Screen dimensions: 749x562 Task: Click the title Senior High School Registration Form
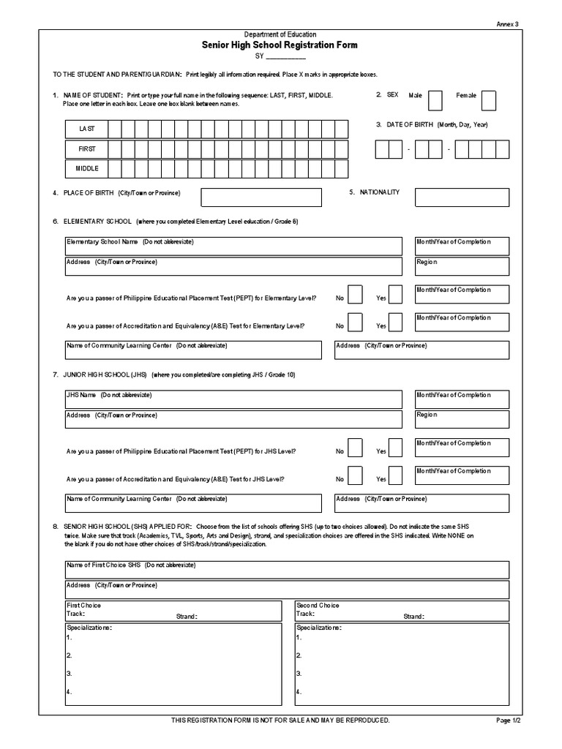pyautogui.click(x=280, y=45)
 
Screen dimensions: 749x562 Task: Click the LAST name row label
pyautogui.click(x=87, y=129)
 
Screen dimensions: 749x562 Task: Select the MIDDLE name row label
pyautogui.click(x=87, y=168)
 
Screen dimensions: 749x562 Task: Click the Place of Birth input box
pyautogui.click(x=261, y=197)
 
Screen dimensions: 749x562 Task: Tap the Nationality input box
pyautogui.click(x=462, y=197)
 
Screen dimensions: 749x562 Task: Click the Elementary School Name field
pyautogui.click(x=233, y=246)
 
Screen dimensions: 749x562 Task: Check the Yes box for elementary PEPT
pyautogui.click(x=395, y=294)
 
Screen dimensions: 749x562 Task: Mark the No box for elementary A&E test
pyautogui.click(x=354, y=322)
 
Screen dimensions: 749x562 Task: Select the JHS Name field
pyautogui.click(x=233, y=399)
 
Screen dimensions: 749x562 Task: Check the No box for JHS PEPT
pyautogui.click(x=354, y=447)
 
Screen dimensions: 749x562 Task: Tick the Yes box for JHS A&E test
pyautogui.click(x=395, y=475)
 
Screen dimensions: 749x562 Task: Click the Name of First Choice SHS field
pyautogui.click(x=287, y=570)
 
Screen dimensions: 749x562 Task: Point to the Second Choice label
pyautogui.click(x=317, y=606)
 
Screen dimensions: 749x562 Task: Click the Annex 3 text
pyautogui.click(x=507, y=24)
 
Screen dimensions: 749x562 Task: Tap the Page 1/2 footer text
pyautogui.click(x=508, y=720)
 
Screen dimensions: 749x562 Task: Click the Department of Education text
pyautogui.click(x=280, y=34)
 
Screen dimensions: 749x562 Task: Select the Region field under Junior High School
pyautogui.click(x=462, y=419)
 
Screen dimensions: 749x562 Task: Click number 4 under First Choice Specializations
pyautogui.click(x=68, y=691)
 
